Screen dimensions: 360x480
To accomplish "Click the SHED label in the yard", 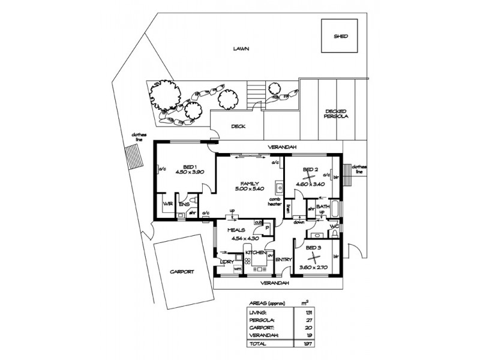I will tap(341, 36).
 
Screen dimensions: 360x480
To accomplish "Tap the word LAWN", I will tap(241, 49).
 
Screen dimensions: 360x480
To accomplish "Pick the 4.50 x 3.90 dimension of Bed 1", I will tap(190, 172).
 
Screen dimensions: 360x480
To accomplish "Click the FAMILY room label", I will tap(250, 182).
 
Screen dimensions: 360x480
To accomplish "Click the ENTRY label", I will tap(283, 259).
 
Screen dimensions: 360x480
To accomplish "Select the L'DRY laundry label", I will tap(226, 262).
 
